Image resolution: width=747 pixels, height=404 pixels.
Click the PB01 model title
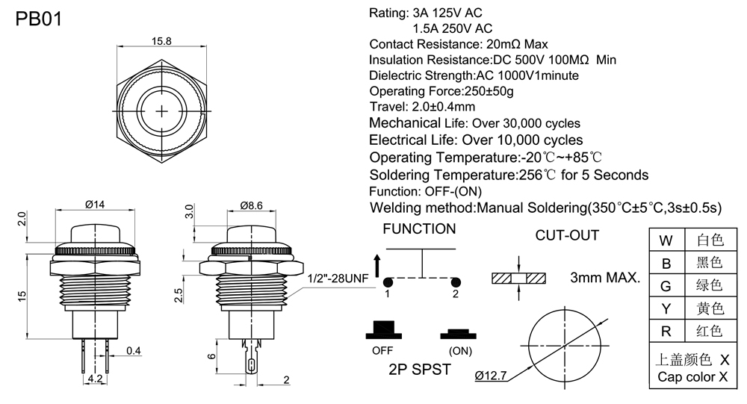[x=38, y=19]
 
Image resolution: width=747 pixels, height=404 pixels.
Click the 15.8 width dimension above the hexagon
[x=163, y=40]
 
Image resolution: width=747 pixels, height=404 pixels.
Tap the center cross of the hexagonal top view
[x=163, y=111]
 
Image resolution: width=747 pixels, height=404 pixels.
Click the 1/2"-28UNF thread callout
[x=339, y=279]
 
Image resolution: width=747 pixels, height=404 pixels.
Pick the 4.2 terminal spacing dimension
[x=95, y=379]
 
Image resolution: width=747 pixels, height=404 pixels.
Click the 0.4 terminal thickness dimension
[x=134, y=350]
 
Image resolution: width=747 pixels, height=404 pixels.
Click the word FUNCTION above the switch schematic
[x=419, y=229]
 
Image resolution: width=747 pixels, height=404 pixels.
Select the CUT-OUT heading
[x=567, y=236]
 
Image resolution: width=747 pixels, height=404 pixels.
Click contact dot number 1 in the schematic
[x=388, y=282]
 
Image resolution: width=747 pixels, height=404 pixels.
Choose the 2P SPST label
[x=419, y=369]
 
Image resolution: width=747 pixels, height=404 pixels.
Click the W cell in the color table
[x=666, y=240]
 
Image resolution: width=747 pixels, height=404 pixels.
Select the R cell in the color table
[x=666, y=330]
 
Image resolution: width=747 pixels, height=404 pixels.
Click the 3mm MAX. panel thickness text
[x=605, y=279]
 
